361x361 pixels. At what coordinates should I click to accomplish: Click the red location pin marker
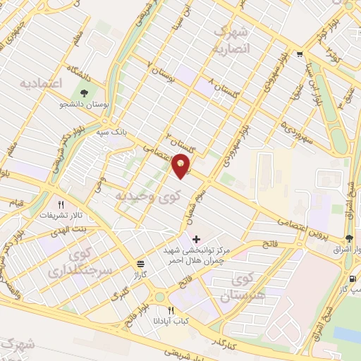click(183, 164)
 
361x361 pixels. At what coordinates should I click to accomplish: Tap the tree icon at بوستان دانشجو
click(85, 93)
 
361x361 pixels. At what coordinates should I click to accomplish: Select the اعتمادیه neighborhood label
click(41, 84)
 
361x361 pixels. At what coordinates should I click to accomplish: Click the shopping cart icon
click(300, 55)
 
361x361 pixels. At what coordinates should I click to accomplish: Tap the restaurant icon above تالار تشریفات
click(61, 204)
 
